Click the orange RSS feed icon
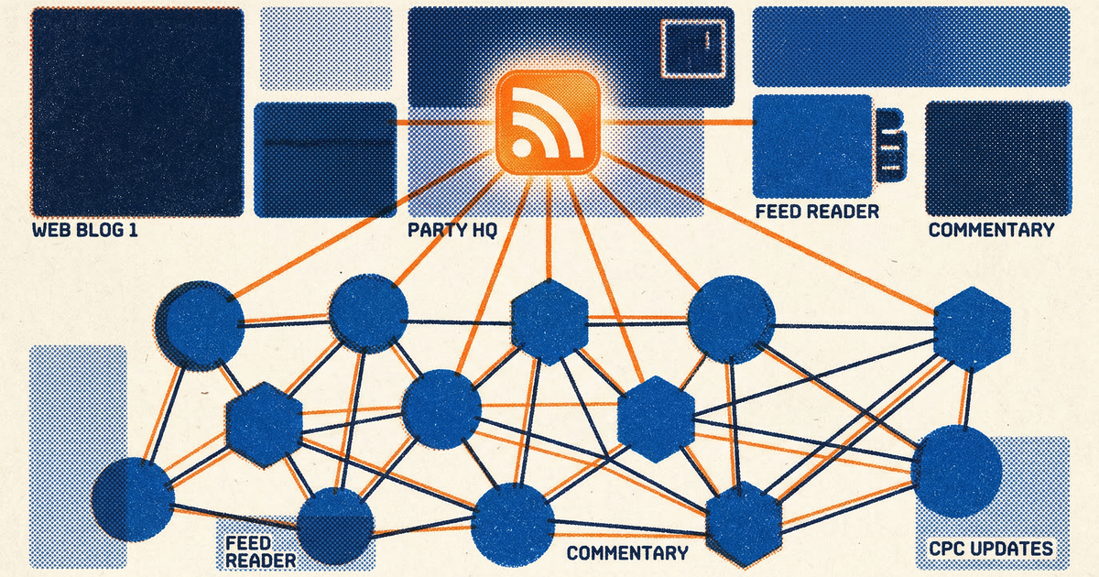tap(548, 121)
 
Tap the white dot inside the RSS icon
tap(522, 147)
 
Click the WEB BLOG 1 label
tap(85, 230)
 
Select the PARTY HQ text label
tap(452, 230)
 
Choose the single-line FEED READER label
tap(817, 212)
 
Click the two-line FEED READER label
tap(260, 551)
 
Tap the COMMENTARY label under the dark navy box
tap(991, 230)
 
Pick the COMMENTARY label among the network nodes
tap(627, 553)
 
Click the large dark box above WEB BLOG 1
tap(137, 111)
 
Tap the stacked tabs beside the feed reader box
tap(889, 144)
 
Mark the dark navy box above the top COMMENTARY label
tap(997, 158)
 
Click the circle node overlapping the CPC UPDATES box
tap(956, 471)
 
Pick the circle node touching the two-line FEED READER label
tap(335, 526)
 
